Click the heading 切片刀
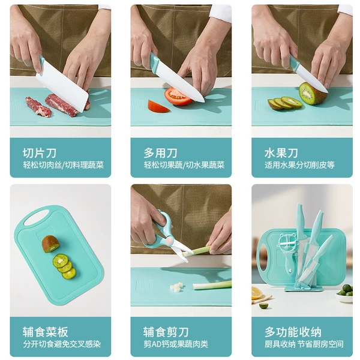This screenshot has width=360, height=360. [40, 153]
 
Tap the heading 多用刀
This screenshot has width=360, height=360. [160, 153]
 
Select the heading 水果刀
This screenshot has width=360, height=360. [281, 153]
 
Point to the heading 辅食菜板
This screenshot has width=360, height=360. [45, 332]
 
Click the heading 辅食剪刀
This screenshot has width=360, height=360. [166, 332]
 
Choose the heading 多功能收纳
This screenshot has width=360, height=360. [293, 332]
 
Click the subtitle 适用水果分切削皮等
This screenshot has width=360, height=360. [299, 165]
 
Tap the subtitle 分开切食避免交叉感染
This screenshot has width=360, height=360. [62, 344]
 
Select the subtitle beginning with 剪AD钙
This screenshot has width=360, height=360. [176, 344]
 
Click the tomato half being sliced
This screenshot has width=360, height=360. [177, 97]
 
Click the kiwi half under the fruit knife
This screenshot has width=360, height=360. [312, 94]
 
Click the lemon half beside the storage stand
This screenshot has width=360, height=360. [256, 293]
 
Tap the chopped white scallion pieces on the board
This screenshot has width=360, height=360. [176, 287]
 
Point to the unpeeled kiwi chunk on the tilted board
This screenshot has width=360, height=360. [50, 244]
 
